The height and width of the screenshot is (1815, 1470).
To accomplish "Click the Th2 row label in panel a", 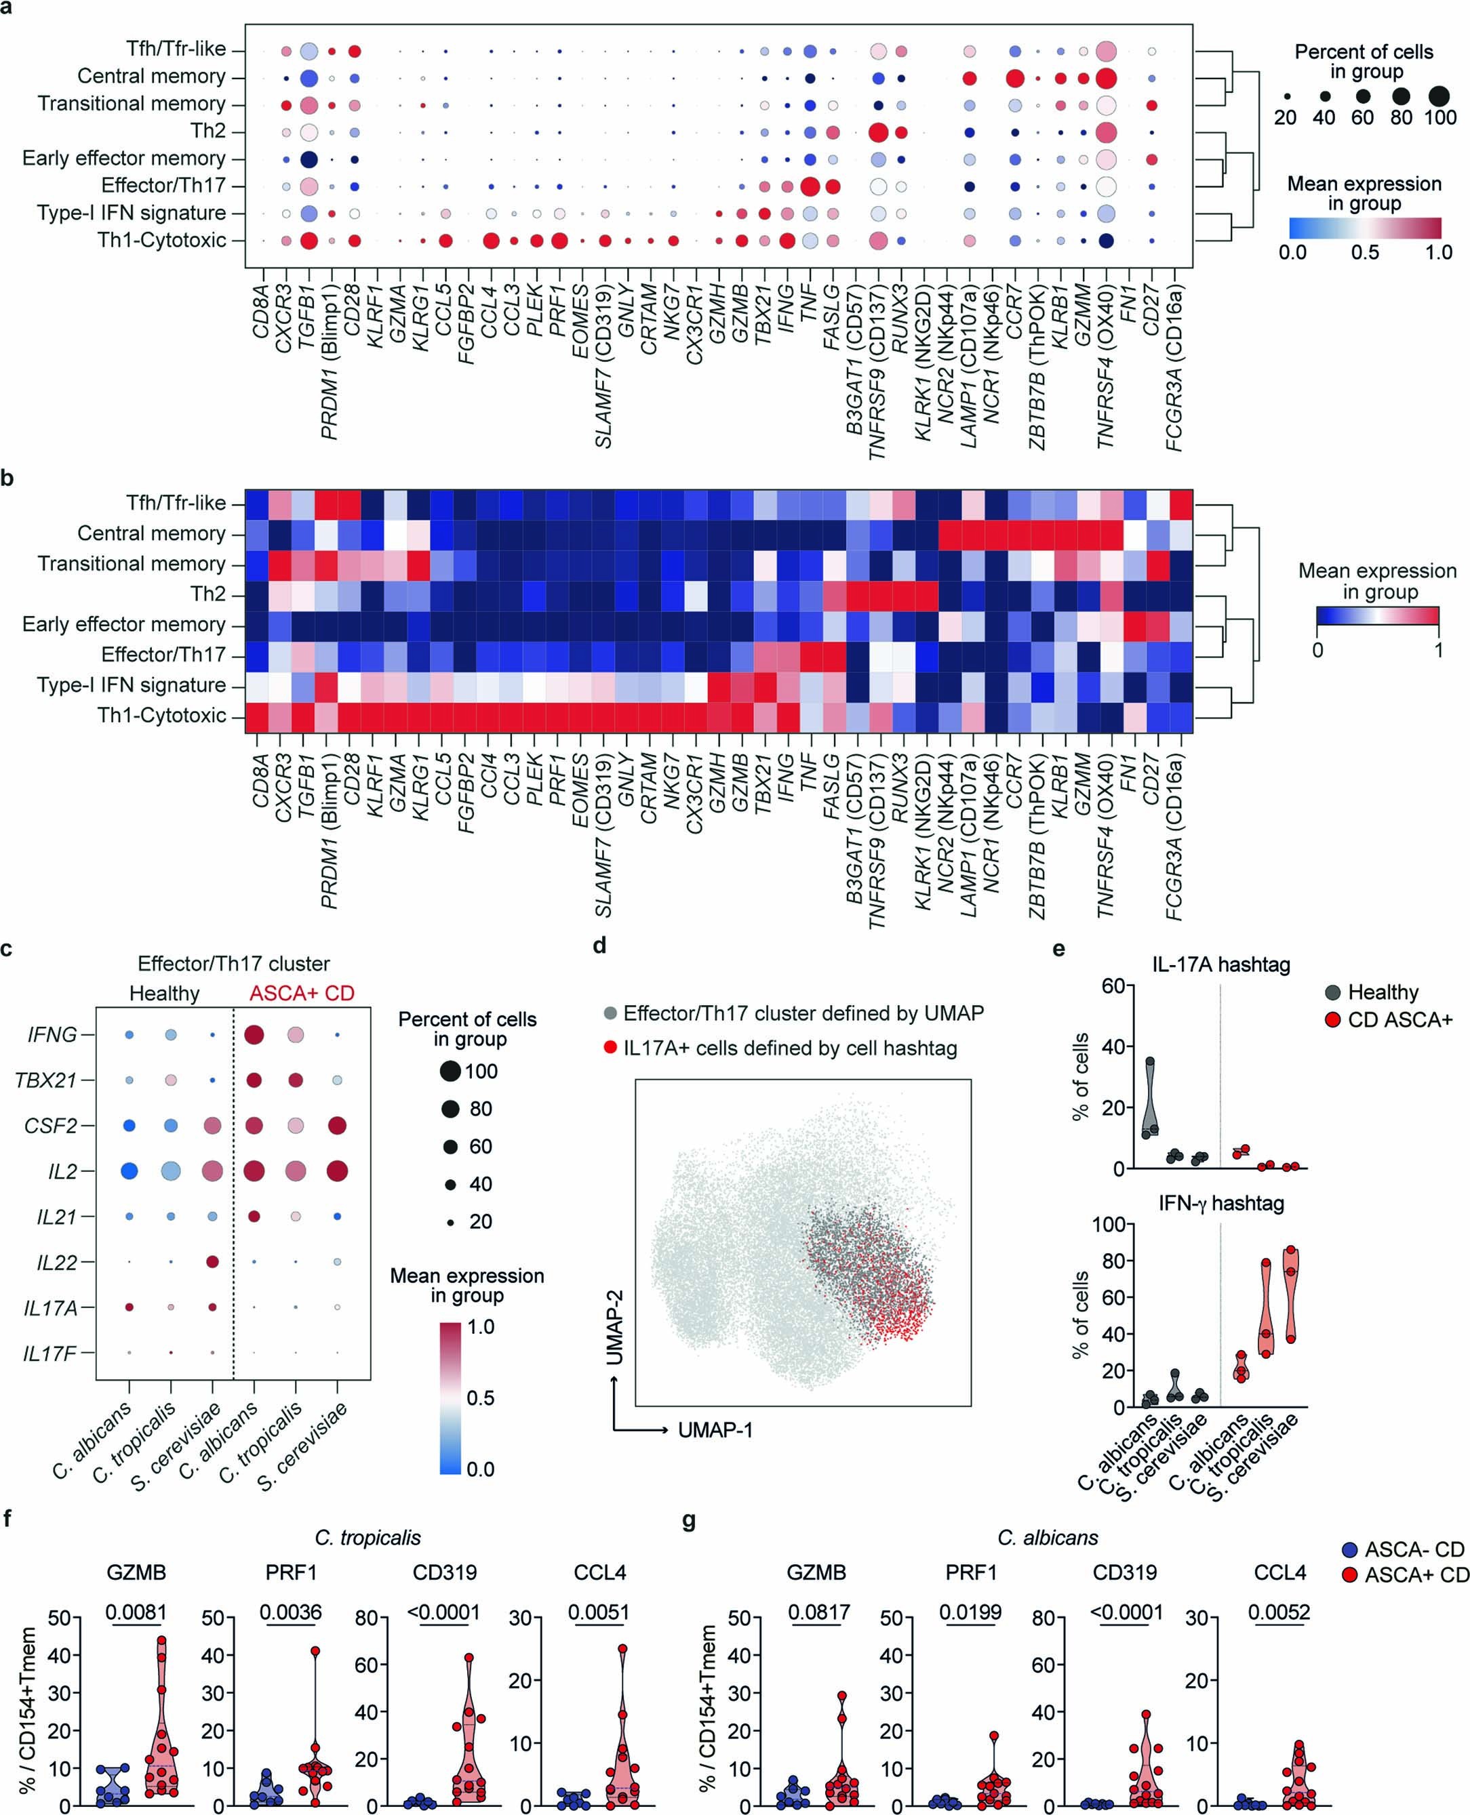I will tap(208, 131).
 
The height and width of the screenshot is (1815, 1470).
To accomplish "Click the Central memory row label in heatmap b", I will tap(152, 533).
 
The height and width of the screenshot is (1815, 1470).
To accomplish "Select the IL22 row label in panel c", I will tap(57, 1262).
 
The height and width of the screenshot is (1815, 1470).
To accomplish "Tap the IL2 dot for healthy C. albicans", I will tap(130, 1170).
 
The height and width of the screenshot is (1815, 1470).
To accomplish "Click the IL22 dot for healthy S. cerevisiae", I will tap(212, 1261).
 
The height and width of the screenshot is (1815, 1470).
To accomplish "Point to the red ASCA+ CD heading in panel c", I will tap(302, 993).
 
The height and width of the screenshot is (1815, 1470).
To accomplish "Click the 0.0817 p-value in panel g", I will tap(819, 1612).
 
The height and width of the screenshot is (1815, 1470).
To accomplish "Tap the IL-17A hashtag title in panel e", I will tap(1220, 964).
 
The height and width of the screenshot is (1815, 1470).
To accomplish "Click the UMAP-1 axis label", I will tap(715, 1430).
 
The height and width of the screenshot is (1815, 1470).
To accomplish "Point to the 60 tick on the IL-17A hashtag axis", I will tap(1113, 985).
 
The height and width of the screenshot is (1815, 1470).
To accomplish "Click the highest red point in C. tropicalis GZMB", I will tap(161, 1639).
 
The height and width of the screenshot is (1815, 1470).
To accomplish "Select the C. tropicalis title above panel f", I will tap(367, 1537).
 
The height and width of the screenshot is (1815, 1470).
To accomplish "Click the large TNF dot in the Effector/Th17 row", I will tap(810, 186).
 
